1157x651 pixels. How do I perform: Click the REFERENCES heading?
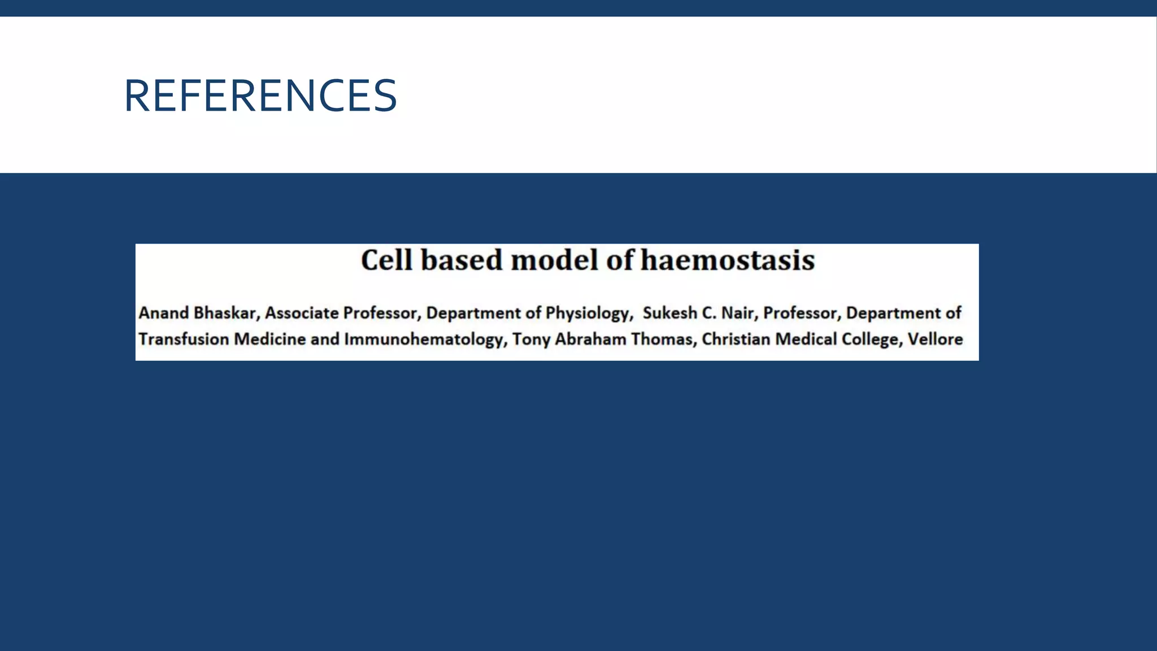[x=260, y=96]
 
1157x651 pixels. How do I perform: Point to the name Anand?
[x=163, y=313]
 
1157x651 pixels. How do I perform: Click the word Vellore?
[x=935, y=339]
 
